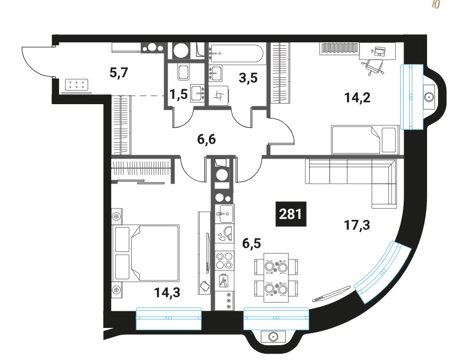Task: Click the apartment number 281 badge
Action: pos(291,214)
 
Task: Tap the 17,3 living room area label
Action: pos(357,225)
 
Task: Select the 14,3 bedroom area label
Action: pos(167,292)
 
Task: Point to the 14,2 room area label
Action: pos(357,98)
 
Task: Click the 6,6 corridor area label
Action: pos(207,140)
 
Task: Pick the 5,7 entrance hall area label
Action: pos(119,72)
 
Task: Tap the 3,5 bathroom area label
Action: pos(248,78)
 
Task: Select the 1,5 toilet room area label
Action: pos(179,94)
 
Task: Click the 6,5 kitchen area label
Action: pos(251,244)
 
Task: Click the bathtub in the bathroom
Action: pos(236,53)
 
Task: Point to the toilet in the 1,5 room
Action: pos(183,72)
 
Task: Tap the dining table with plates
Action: pos(276,278)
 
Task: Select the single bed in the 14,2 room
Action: pos(365,140)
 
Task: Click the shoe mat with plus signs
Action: pos(77,85)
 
